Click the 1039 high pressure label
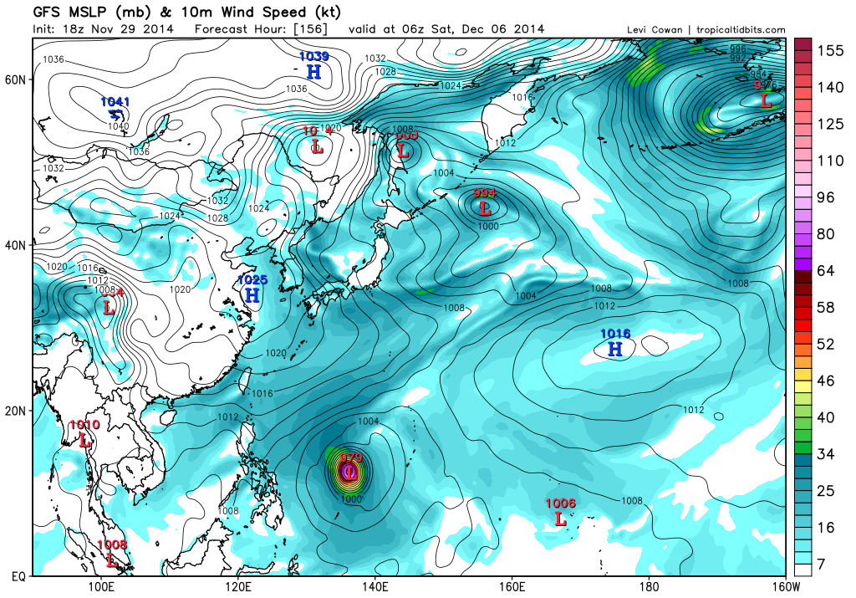click(x=313, y=56)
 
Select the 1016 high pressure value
click(x=615, y=335)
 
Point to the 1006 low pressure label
click(x=560, y=503)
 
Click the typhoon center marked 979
click(x=350, y=473)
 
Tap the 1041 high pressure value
click(x=115, y=101)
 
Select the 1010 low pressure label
click(x=84, y=425)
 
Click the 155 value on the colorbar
click(x=829, y=50)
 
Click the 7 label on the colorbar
click(x=822, y=565)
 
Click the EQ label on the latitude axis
click(x=17, y=576)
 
